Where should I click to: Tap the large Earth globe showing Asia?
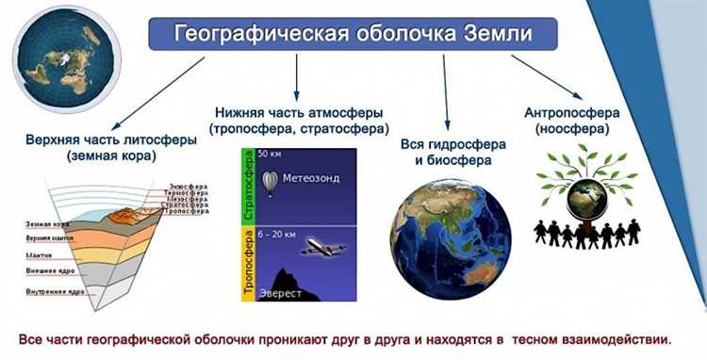click(x=452, y=240)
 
